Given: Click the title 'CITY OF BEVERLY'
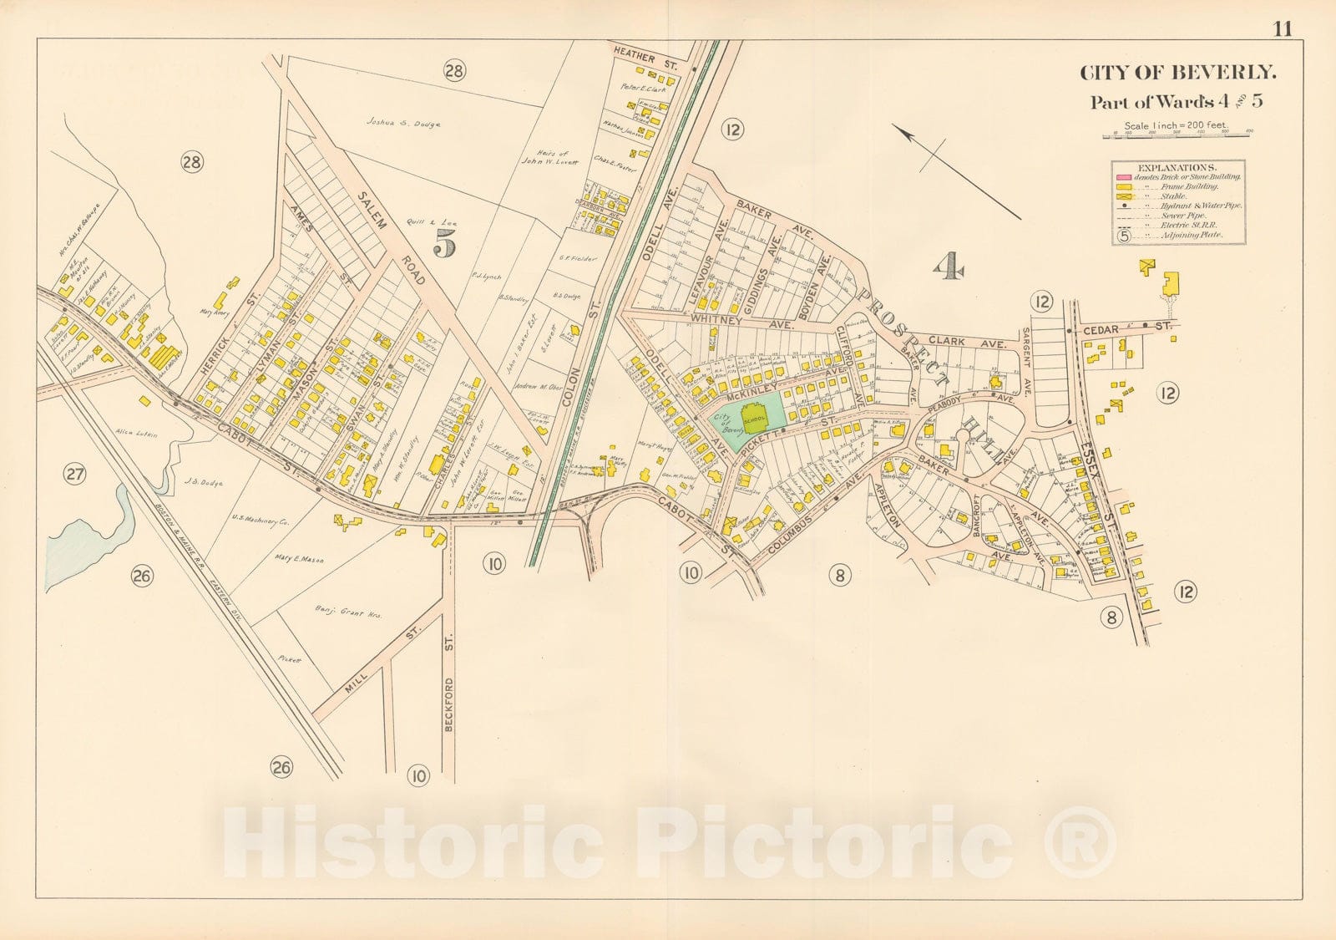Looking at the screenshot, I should point(1178,73).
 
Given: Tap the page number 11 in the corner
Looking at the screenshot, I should point(1283,29).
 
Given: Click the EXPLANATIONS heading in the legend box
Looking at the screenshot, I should point(1177,167).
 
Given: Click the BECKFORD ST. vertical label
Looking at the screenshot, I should point(449,704).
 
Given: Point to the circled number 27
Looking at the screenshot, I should point(75,475).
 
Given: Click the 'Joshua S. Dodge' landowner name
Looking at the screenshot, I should point(402,124).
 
